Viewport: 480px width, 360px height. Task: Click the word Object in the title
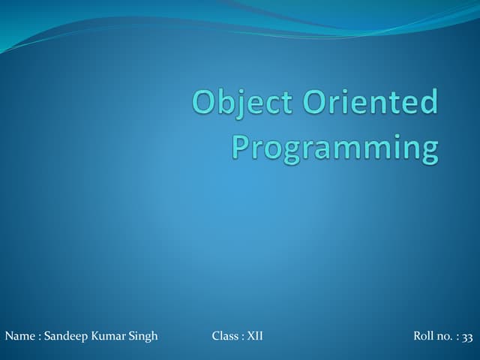241,103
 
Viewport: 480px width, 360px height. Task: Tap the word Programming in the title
334,147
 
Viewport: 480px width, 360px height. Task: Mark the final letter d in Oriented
429,103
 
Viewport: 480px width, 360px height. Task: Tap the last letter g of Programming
428,150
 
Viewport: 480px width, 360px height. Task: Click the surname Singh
144,337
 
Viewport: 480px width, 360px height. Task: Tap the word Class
226,336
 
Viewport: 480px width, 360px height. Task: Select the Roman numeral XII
256,336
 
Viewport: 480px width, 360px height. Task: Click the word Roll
424,336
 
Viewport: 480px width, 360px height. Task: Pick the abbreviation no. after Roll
444,337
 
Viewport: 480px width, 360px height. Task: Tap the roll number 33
468,337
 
